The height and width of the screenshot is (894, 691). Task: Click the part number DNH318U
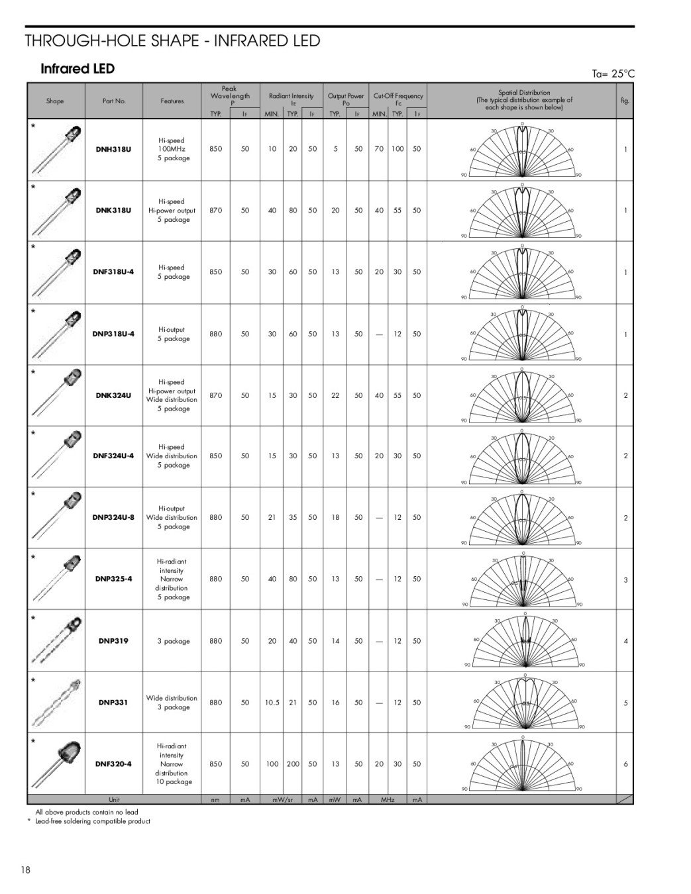(114, 150)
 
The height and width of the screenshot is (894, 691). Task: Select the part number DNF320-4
(113, 764)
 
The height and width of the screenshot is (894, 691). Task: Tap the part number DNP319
(113, 641)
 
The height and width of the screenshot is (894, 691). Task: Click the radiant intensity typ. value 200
(293, 764)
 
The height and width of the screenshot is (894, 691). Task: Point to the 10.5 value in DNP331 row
(272, 703)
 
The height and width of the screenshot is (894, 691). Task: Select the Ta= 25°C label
(613, 74)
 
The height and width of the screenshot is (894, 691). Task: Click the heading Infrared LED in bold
(78, 69)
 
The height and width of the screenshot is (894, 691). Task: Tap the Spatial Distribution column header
(523, 100)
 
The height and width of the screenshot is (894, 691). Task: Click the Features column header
(172, 101)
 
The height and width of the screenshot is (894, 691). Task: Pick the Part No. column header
(114, 101)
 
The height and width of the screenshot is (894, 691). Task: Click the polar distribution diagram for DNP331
(524, 702)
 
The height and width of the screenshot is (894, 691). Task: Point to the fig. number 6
(625, 764)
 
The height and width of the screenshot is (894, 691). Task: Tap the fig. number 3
(625, 580)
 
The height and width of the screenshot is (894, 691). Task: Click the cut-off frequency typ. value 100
(397, 150)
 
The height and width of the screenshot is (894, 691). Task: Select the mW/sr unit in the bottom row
(282, 800)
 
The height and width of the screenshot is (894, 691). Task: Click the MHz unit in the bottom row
(388, 800)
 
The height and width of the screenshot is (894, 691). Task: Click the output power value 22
(335, 395)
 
